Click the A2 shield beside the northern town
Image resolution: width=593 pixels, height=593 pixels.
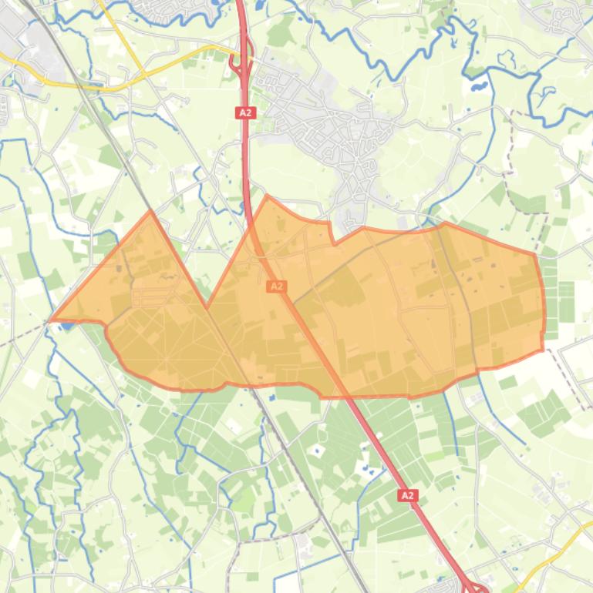[245, 112]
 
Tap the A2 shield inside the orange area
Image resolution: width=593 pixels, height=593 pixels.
[276, 286]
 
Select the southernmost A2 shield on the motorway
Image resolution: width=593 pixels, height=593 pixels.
[408, 495]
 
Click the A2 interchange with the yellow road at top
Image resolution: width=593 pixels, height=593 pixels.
[241, 62]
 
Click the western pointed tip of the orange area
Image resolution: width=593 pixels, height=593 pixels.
[51, 319]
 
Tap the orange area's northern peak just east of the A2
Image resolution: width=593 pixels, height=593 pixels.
[268, 196]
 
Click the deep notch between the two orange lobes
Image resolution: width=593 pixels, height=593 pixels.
[207, 308]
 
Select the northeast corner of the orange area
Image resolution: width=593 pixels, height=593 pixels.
[534, 253]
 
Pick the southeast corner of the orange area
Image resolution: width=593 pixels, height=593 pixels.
[542, 349]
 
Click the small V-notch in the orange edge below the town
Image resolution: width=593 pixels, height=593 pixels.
[333, 242]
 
